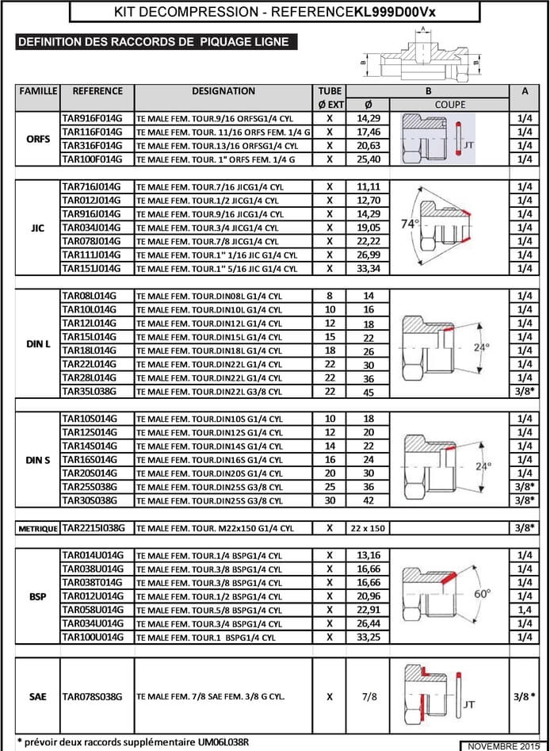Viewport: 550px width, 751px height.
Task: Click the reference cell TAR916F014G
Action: (92, 117)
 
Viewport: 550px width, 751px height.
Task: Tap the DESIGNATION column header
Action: (223, 91)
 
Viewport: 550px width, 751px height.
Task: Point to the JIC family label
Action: (38, 227)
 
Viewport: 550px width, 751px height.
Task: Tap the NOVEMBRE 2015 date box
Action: (505, 745)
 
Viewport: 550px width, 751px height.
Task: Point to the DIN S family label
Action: (38, 460)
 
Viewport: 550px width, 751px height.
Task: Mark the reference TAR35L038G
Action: (89, 392)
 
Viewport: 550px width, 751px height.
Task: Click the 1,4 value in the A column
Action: (525, 610)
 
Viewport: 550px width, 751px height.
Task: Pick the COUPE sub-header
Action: (450, 104)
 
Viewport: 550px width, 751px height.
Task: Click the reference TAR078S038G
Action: (92, 697)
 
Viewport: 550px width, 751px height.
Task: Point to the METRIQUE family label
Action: (38, 528)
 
